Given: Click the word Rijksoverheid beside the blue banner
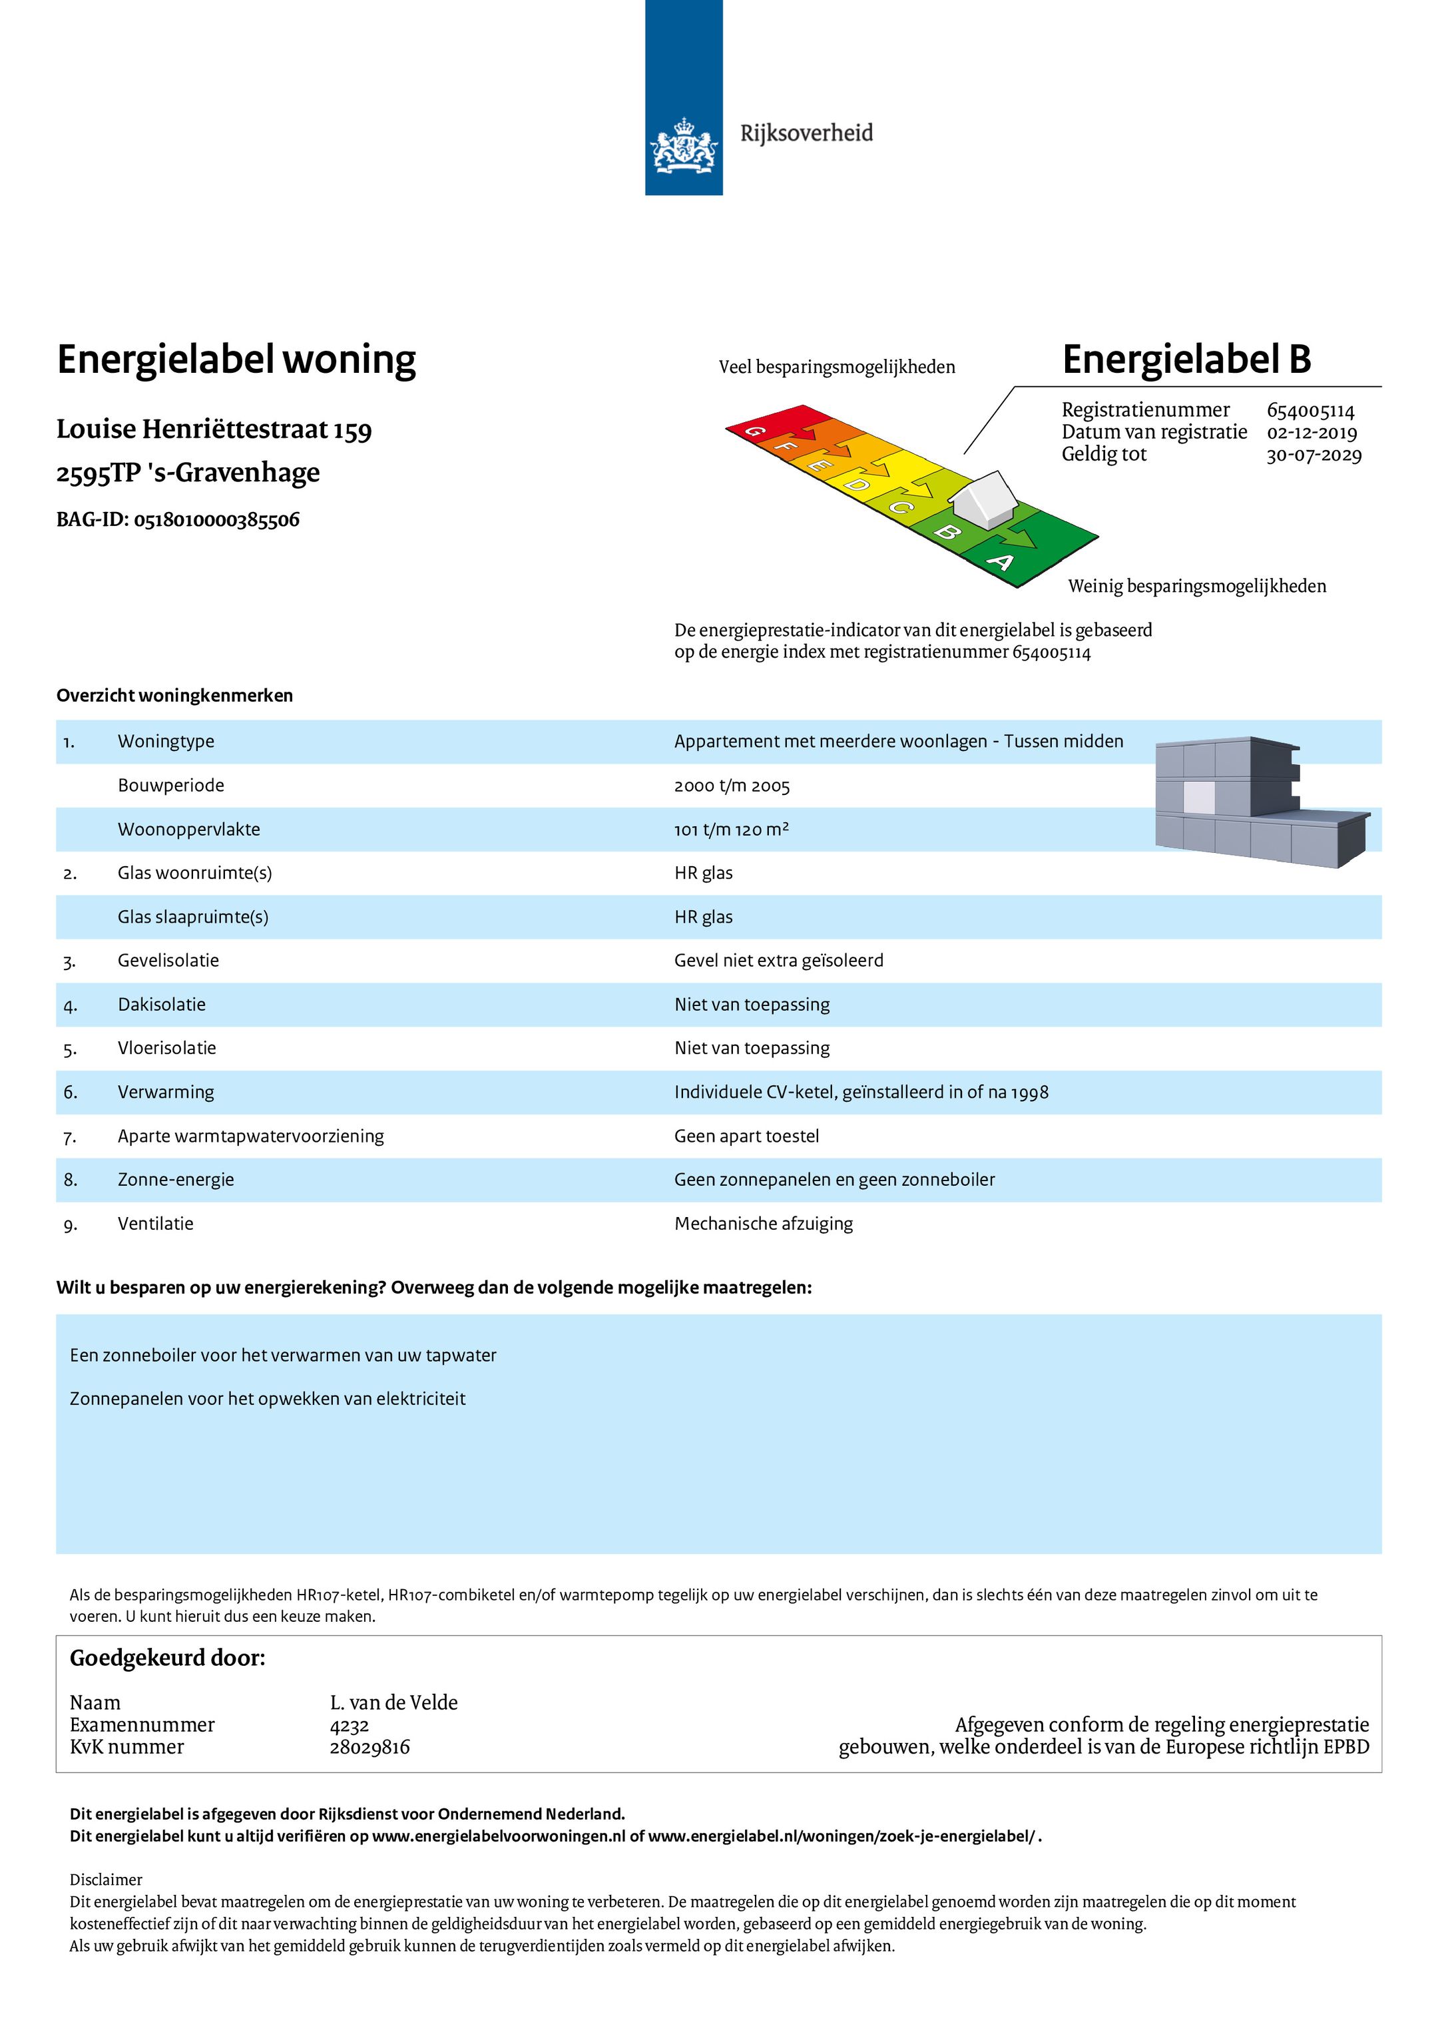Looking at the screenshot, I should pos(806,133).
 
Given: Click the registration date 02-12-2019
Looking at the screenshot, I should pos(1312,432).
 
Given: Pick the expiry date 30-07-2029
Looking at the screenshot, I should pos(1313,455).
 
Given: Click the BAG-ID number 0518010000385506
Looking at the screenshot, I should pos(216,520).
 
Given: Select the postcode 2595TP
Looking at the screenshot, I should pos(97,473).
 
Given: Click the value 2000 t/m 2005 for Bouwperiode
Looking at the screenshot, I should pos(731,786).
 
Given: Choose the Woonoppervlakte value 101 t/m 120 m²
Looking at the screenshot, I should pos(731,829).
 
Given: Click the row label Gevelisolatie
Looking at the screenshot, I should pos(168,960).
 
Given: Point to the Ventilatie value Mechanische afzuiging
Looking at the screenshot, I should pos(763,1224).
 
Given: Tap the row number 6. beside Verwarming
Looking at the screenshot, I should pos(70,1093).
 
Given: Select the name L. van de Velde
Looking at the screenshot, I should pos(393,1702).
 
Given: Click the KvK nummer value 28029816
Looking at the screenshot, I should pos(369,1746).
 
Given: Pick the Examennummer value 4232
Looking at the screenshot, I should pos(349,1725).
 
